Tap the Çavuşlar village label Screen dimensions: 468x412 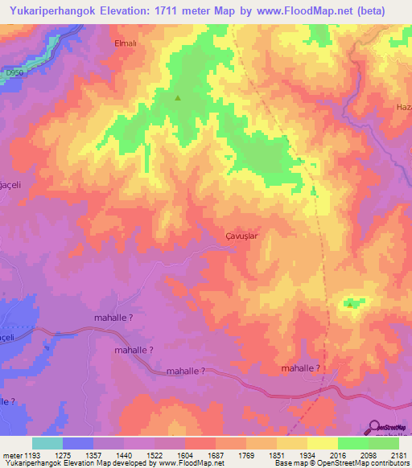tap(241, 236)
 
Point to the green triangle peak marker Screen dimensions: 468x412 tap(178, 99)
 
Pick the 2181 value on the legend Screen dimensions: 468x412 tap(398, 455)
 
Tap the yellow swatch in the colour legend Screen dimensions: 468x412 tap(322, 443)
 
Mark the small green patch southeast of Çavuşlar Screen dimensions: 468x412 tap(352, 302)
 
